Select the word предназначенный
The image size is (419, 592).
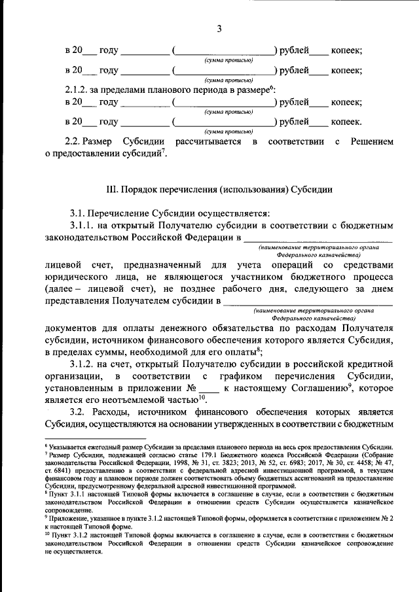pos(160,265)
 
